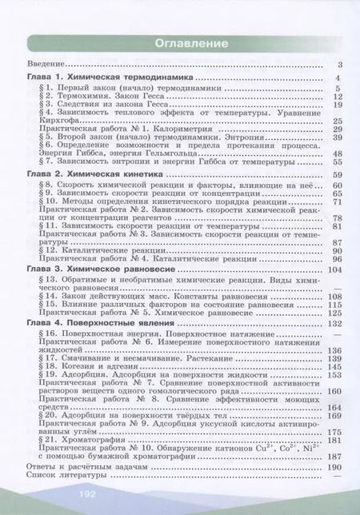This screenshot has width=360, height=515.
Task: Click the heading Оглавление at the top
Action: coord(179,42)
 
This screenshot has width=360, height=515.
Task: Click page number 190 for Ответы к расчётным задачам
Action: coord(335,465)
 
